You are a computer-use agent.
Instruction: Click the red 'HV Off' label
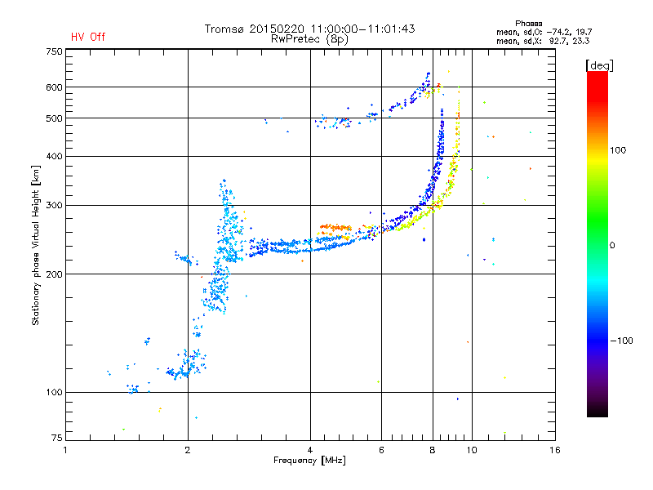pos(88,37)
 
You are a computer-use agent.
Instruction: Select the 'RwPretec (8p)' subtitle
pos(309,39)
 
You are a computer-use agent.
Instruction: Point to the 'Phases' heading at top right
pos(528,24)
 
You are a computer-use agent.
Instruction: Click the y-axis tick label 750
pos(54,51)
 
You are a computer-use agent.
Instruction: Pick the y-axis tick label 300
pos(54,205)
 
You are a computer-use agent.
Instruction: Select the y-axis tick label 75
pos(57,438)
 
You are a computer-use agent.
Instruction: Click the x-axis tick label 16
pos(555,450)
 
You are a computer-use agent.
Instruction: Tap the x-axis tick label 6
pos(381,450)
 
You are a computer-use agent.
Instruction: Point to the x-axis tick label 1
pos(65,450)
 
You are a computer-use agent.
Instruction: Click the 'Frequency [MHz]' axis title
pos(309,461)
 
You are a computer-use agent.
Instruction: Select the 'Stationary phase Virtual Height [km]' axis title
pos(36,246)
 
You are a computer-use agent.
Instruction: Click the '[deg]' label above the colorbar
pos(599,65)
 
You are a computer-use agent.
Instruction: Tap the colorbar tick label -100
pos(621,341)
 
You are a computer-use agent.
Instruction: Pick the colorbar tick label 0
pos(612,245)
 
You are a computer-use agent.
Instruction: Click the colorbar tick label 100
pos(618,150)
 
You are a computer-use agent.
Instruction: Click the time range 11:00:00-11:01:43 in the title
pos(362,29)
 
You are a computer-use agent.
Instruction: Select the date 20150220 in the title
pos(277,29)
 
